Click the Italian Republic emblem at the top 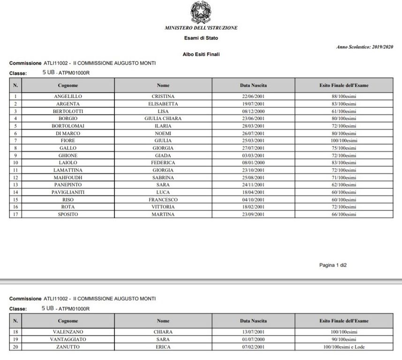tap(201, 12)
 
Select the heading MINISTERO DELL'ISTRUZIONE tap(201, 28)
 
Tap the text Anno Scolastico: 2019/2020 tap(365, 47)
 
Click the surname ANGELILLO tap(68, 96)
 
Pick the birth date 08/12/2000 tap(253, 111)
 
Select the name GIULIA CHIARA tap(163, 119)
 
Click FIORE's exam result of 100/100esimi tap(344, 141)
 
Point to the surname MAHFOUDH tap(68, 178)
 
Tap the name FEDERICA tap(163, 163)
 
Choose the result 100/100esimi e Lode tap(344, 347)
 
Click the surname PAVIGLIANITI tap(68, 192)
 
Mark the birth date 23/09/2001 tap(253, 214)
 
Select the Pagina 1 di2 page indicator tap(333, 265)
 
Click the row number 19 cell tap(15, 339)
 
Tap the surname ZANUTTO tap(68, 347)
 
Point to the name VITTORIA tap(163, 207)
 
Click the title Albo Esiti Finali tap(201, 54)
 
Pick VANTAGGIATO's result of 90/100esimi tap(344, 339)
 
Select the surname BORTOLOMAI tap(68, 126)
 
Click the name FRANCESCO tap(163, 200)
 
